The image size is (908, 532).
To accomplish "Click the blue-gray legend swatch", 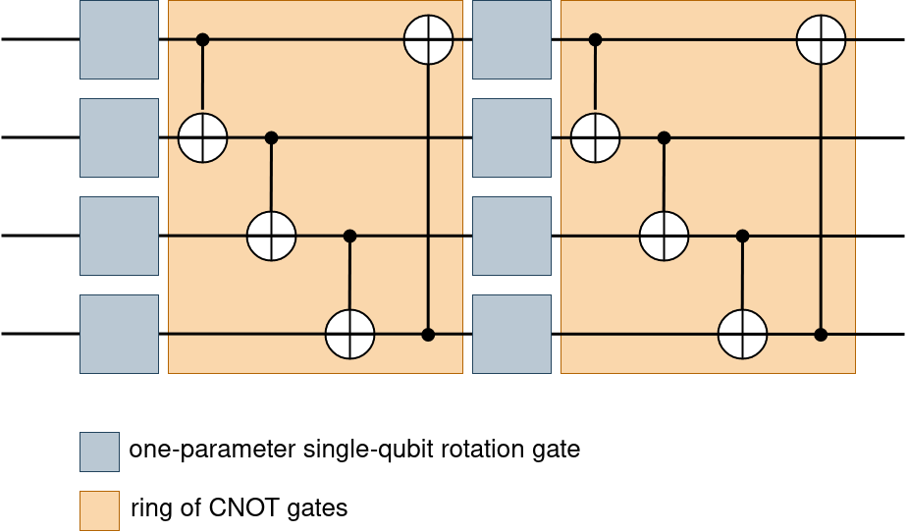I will tap(99, 452).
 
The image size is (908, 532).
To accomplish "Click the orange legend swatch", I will tap(99, 510).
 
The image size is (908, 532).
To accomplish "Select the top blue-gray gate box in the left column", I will tap(119, 39).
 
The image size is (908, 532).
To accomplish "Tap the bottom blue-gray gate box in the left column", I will tap(119, 334).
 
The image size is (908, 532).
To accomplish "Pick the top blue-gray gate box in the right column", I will tap(511, 39).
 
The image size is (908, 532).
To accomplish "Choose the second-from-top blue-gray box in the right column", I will tap(511, 137).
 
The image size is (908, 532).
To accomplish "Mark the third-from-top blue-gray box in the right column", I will tap(511, 236).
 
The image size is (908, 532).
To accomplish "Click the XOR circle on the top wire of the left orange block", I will tap(428, 39).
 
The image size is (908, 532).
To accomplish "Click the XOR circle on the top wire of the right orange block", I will tap(821, 39).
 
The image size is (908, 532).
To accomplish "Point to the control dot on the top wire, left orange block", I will tap(202, 39).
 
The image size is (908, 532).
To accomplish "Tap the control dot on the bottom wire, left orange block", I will tap(428, 335).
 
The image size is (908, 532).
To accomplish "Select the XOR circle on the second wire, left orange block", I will tap(202, 137).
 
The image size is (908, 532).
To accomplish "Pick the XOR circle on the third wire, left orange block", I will tap(271, 236).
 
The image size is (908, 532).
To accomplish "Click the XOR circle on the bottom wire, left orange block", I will tap(349, 334).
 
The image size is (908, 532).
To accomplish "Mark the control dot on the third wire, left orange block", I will tap(349, 236).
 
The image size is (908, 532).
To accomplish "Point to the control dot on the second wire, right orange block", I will tap(664, 137).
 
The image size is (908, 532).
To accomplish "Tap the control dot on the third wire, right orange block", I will tap(742, 236).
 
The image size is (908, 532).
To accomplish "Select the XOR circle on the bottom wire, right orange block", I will tap(742, 334).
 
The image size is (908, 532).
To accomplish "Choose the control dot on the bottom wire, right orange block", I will tap(821, 335).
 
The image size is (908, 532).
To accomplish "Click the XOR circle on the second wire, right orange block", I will tap(595, 137).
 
